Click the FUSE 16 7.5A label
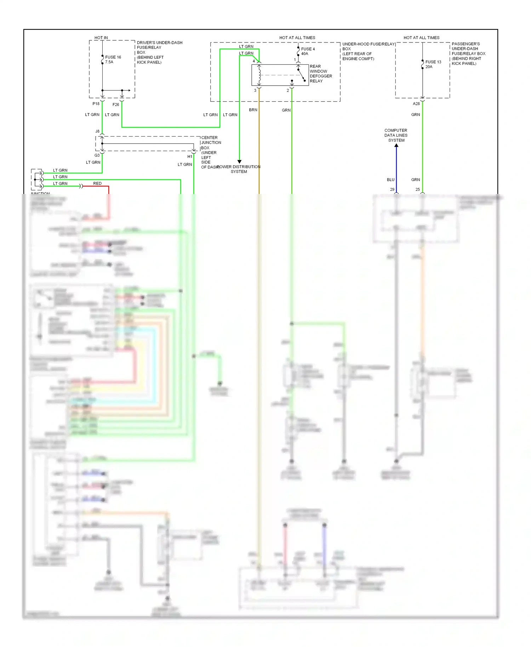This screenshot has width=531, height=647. pos(113,59)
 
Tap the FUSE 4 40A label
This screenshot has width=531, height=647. pos(307,51)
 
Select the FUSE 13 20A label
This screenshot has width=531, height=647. pos(433,64)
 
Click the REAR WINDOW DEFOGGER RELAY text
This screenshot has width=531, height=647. pos(320,74)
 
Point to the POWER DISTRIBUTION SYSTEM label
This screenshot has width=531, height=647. pos(239,169)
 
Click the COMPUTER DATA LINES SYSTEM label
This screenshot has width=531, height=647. pos(396,135)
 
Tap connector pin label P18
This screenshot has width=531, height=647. pos(96,104)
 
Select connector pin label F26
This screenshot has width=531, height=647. pos(116,104)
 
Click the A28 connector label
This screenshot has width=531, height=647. pos(416,104)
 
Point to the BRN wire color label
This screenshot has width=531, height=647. pos(253,110)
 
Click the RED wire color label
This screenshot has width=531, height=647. pos(97,183)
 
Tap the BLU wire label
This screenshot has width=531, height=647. pos(390,179)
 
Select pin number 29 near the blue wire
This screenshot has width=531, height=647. pos(392,189)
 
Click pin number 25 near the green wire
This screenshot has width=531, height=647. pos(417,189)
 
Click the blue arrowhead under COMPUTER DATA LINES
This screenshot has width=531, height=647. pos(396,145)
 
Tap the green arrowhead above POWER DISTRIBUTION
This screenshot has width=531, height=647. pos(239,161)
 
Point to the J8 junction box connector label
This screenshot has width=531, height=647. pos(97,131)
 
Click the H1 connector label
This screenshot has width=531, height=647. pos(190,156)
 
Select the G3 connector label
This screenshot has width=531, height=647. pos(97,155)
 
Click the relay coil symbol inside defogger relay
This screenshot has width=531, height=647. pos(259,75)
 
